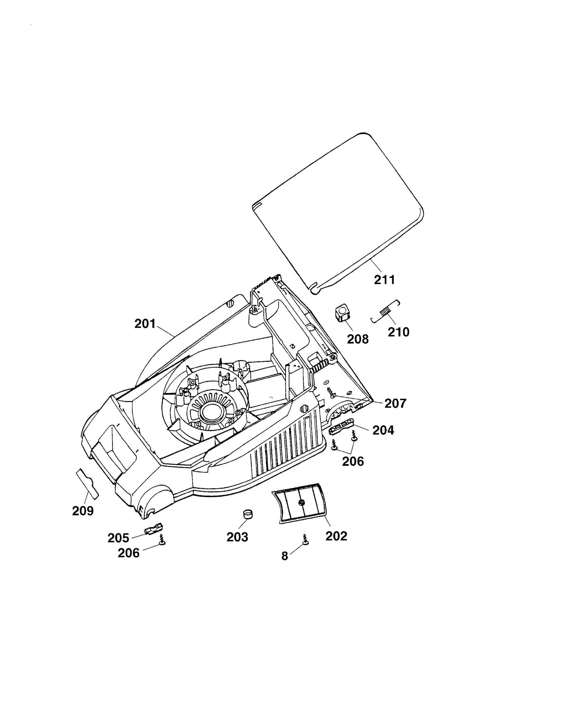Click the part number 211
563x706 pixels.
click(384, 280)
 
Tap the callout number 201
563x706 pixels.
click(145, 324)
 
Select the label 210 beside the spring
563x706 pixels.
click(399, 332)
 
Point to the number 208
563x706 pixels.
click(358, 339)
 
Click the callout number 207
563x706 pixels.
click(395, 404)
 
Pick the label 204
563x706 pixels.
click(383, 430)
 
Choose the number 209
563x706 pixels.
click(83, 511)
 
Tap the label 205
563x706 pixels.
click(118, 538)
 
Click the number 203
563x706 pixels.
click(237, 537)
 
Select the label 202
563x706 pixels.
click(336, 536)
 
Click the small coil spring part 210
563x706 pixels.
click(386, 310)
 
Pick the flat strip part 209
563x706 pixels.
click(87, 484)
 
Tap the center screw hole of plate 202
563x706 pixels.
click(302, 502)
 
